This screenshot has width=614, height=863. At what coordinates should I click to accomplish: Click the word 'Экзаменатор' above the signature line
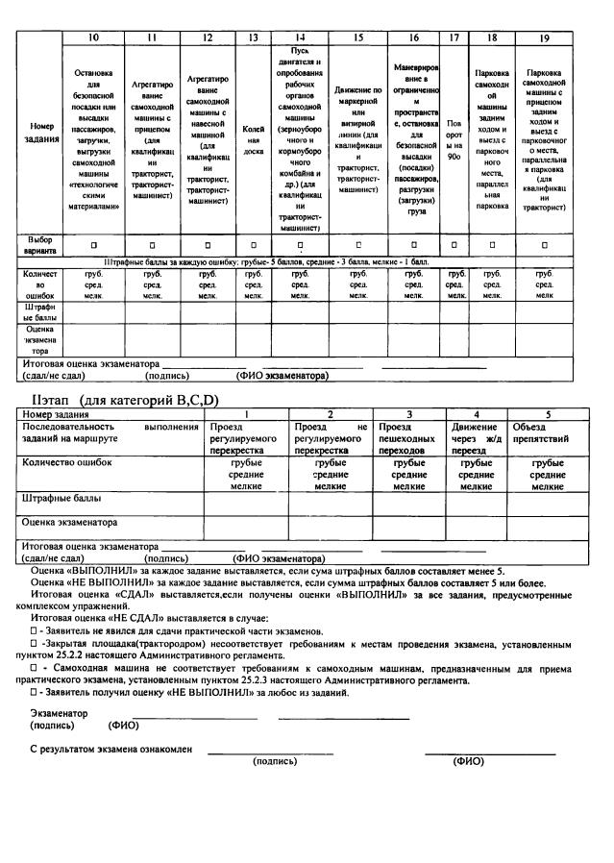point(59,713)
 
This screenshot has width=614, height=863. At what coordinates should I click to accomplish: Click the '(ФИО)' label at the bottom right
point(469,761)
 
